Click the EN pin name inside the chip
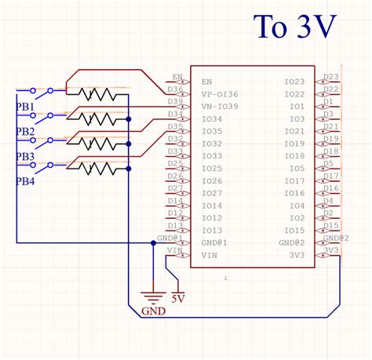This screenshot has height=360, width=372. point(206,82)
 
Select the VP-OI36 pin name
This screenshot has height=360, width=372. point(219,94)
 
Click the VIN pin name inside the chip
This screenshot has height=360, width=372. point(209,256)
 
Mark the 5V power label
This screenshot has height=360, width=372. point(177,299)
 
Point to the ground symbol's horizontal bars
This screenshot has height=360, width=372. point(152,296)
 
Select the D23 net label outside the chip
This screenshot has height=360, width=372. point(331,77)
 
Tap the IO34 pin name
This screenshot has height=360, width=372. point(211,118)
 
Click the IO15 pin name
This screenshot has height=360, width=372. point(294,231)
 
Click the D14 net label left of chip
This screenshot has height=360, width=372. point(175,202)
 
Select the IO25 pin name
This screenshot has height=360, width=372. point(211,169)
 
